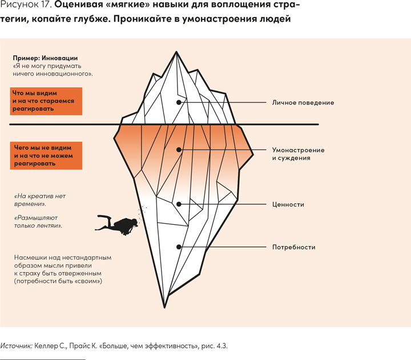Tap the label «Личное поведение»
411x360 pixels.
[x=303, y=103]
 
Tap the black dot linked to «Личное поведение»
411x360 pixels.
[x=179, y=103]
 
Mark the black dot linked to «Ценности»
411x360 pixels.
[x=179, y=204]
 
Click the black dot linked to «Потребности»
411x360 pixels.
[x=179, y=247]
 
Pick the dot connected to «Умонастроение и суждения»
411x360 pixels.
[x=179, y=150]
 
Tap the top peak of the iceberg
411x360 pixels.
[x=175, y=52]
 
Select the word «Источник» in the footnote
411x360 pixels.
[x=16, y=346]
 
